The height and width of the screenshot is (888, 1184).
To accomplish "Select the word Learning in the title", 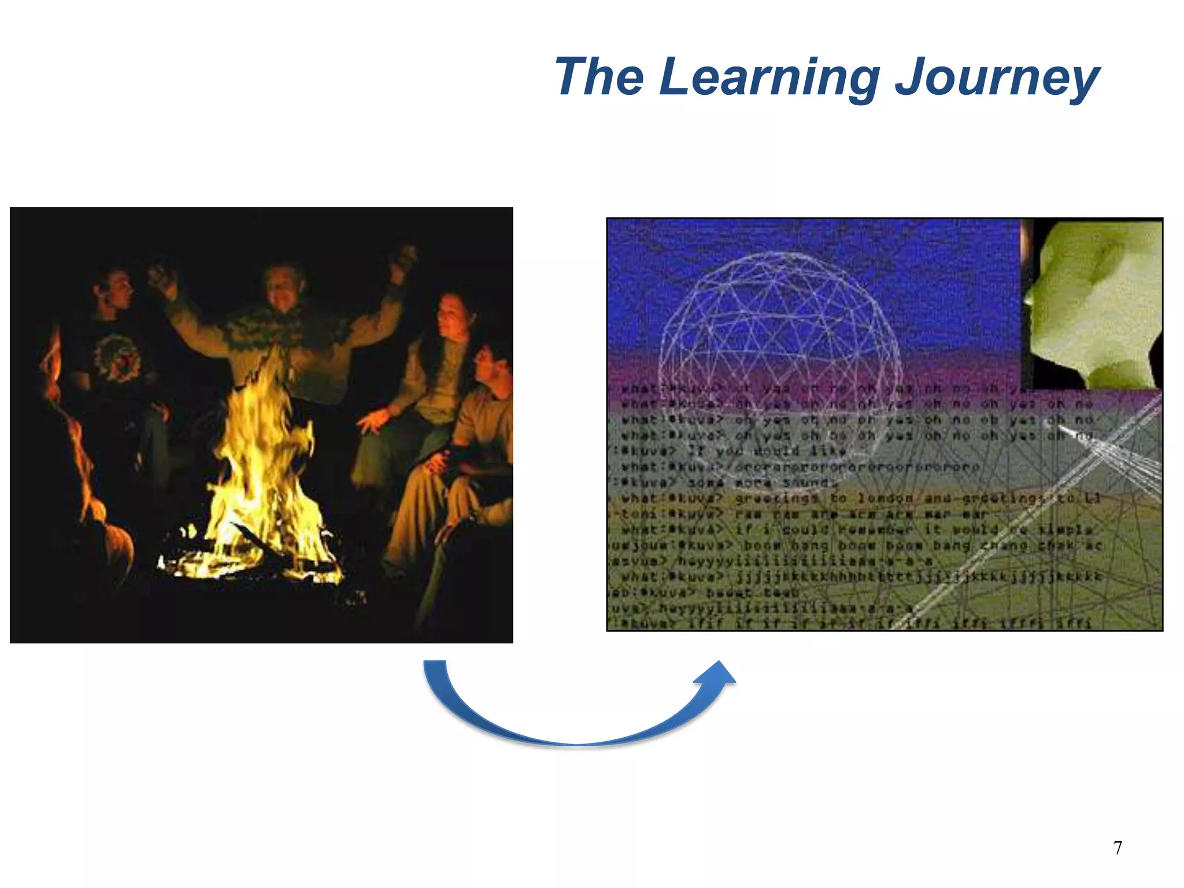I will click(x=769, y=78).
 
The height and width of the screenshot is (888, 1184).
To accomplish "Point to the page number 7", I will click(x=1118, y=848).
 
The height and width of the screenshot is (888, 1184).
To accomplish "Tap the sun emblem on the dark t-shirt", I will click(x=119, y=358).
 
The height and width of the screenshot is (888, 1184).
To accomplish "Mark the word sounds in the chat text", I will click(x=809, y=482).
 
